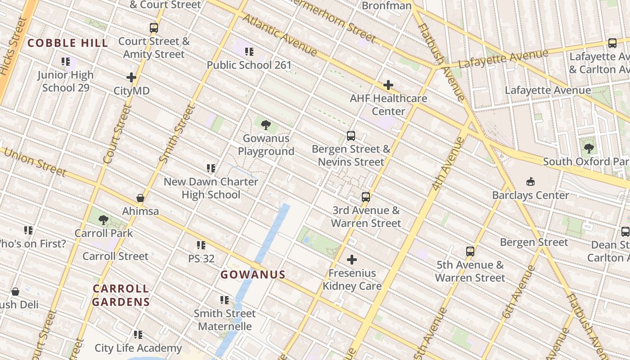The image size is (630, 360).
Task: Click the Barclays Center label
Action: point(531,195)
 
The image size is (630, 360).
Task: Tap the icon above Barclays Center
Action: point(531,182)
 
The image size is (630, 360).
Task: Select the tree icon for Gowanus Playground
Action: point(265,125)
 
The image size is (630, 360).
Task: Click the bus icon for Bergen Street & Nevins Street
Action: point(351,135)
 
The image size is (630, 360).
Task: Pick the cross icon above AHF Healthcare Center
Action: point(388,85)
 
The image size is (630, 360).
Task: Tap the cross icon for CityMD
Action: point(131,77)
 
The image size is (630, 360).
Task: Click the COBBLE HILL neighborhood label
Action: point(68,43)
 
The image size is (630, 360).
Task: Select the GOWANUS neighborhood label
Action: point(253,274)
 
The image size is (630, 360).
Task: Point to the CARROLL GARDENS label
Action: point(121,295)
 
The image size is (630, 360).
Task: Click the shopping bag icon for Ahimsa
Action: point(140,198)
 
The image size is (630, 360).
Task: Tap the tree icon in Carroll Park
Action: point(103,220)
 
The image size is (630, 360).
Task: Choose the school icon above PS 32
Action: point(201,245)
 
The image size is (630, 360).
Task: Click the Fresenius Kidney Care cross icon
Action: point(352,260)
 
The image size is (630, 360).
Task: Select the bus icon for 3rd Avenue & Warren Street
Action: point(366,197)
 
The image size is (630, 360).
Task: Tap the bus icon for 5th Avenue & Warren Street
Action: point(470,252)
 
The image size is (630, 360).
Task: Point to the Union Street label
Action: point(35,162)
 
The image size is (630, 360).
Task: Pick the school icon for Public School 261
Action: point(249,52)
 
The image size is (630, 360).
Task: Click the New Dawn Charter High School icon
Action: point(211,168)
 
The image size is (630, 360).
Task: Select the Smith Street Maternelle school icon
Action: point(225,300)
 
